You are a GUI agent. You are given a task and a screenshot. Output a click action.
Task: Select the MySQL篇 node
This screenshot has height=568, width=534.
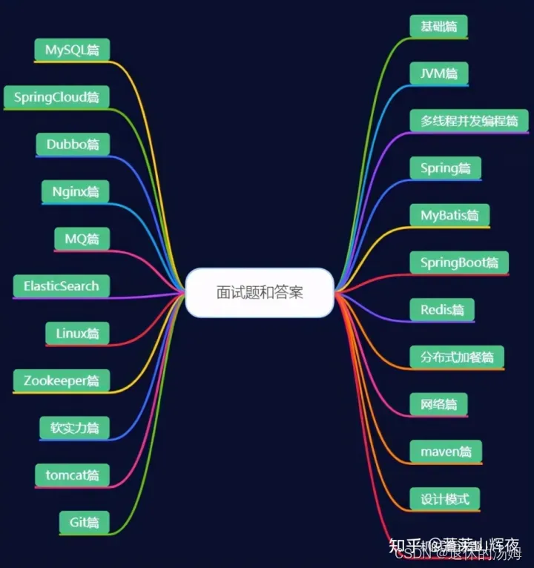72,50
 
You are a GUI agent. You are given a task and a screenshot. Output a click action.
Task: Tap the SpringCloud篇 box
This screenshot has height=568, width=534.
56,97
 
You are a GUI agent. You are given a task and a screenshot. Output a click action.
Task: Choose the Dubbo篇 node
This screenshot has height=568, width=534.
73,145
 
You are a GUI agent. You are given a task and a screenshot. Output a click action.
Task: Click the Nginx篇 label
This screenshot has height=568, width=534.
75,191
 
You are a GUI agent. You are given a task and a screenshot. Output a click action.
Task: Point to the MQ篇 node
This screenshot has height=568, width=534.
82,239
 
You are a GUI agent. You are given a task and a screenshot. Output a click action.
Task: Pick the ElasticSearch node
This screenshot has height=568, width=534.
61,286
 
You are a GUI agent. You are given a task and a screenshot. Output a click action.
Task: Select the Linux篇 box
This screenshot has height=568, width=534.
77,334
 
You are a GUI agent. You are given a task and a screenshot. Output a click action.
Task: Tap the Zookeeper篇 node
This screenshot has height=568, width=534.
61,381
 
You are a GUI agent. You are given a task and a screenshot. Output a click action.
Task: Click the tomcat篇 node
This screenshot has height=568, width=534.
72,475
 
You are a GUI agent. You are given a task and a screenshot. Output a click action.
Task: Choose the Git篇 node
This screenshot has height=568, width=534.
84,522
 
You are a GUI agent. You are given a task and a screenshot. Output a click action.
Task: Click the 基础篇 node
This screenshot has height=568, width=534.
438,26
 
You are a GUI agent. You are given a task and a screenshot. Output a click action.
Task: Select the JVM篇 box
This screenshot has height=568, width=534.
439,73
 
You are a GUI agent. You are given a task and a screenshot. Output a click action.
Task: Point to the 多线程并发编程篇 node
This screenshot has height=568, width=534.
469,120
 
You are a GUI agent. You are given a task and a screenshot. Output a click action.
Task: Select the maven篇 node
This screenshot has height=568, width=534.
446,451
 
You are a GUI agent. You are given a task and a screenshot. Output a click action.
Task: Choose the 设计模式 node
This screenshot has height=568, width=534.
445,498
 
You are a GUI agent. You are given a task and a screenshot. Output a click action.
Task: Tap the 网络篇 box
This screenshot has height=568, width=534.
438,404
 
